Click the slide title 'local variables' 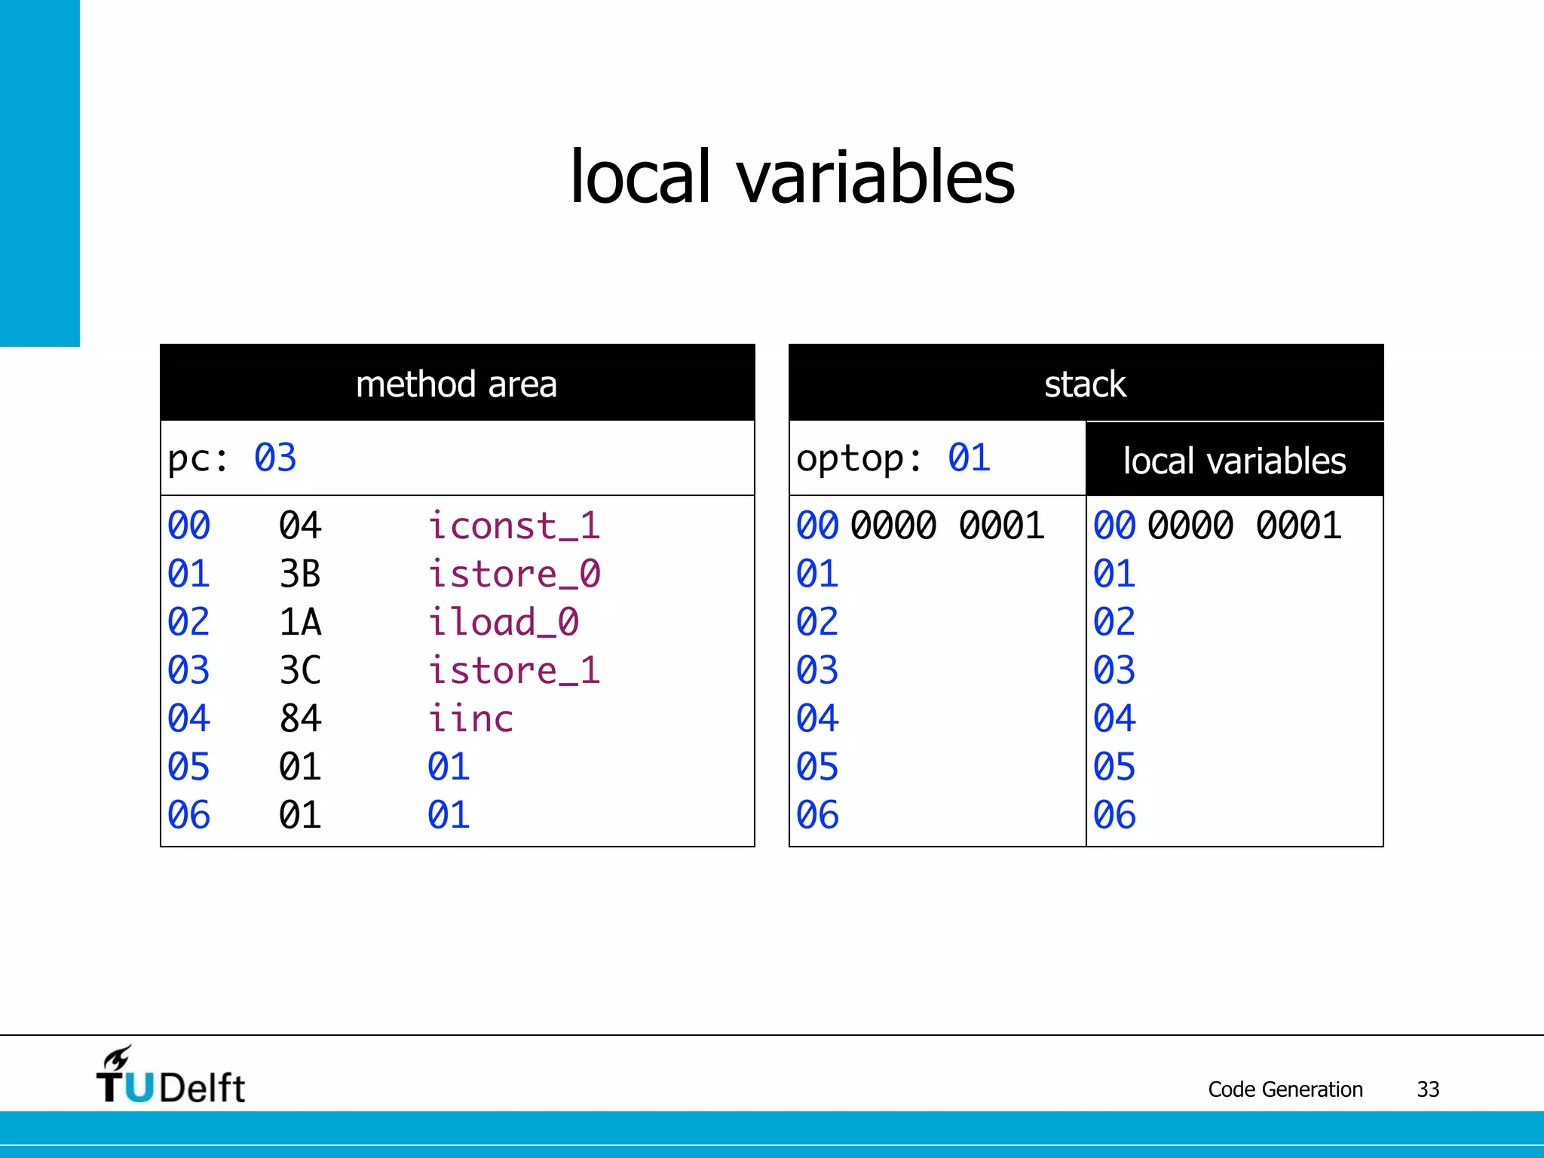click(x=792, y=177)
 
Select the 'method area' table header click(x=457, y=384)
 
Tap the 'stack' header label click(x=1085, y=384)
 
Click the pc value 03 click(x=275, y=458)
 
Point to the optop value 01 click(x=969, y=458)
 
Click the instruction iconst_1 click(x=514, y=526)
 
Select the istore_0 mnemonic click(x=514, y=574)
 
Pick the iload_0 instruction click(x=504, y=623)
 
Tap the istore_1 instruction click(x=514, y=671)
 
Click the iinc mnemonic click(x=470, y=719)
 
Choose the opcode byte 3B click(x=300, y=574)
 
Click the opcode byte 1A click(x=300, y=623)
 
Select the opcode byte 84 click(x=300, y=719)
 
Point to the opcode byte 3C click(x=300, y=671)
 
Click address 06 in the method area click(x=188, y=816)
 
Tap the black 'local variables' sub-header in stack click(x=1234, y=461)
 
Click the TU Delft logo click(x=171, y=1076)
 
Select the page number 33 click(x=1428, y=1089)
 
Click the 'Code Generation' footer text click(x=1285, y=1089)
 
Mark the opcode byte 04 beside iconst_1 click(x=300, y=526)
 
